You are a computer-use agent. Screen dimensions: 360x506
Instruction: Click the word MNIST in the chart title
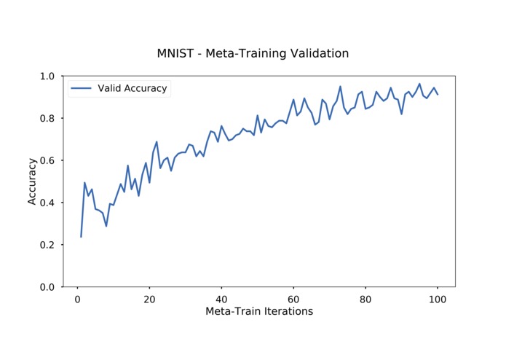tap(173, 53)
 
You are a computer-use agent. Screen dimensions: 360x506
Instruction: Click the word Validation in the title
tap(317, 53)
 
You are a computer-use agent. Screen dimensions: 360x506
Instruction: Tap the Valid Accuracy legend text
tap(133, 89)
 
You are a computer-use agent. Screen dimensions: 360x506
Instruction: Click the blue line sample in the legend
tap(81, 89)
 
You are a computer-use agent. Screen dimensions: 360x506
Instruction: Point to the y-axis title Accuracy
tap(32, 181)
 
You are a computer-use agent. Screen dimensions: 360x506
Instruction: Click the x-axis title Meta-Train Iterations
tap(259, 312)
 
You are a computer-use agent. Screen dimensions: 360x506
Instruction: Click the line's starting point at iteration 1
tap(81, 236)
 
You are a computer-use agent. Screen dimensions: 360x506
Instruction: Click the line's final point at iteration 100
tap(438, 94)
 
